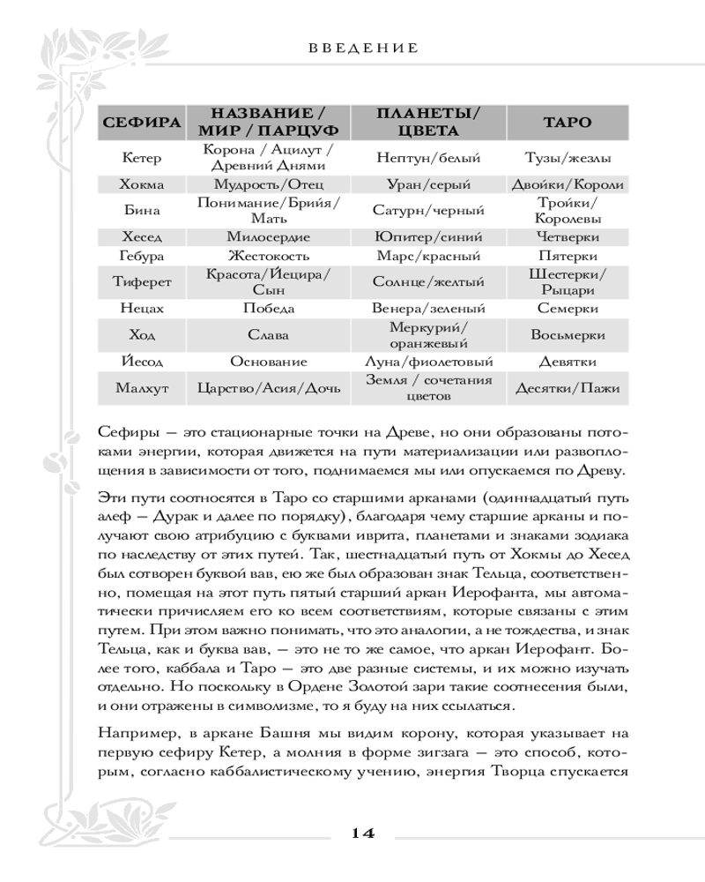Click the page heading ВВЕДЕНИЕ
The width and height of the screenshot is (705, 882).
point(363,48)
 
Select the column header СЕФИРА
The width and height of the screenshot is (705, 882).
point(140,123)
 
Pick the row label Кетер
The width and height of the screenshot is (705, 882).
point(140,159)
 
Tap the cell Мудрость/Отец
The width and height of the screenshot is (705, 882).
point(269,185)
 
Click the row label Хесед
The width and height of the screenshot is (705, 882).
point(140,237)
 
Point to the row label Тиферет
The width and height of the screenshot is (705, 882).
point(140,282)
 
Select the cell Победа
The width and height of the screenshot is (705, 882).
point(269,309)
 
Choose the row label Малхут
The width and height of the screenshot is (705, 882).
point(140,388)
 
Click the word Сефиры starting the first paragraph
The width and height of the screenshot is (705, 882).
point(121,430)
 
